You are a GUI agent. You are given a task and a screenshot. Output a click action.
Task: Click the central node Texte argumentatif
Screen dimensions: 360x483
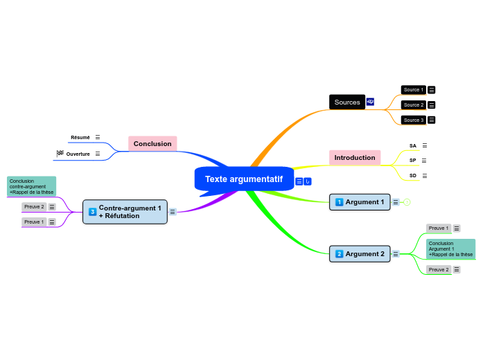[244, 179]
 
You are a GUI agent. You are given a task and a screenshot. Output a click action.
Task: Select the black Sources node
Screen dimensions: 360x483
[347, 102]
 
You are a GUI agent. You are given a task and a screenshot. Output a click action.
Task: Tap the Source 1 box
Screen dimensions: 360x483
[413, 90]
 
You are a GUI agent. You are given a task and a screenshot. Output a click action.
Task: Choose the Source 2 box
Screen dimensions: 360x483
[413, 105]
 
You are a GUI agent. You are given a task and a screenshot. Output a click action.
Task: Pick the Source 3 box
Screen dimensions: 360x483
[413, 120]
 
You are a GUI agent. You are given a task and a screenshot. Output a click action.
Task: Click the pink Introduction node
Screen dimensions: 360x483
[355, 158]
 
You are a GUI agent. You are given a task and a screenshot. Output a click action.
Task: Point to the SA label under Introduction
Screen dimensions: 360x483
[413, 146]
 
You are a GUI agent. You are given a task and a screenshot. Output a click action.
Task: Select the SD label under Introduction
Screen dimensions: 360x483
[413, 176]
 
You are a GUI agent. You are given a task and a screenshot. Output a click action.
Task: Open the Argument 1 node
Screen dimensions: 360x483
[360, 202]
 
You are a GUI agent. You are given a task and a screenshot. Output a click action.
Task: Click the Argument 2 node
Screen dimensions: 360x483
[360, 254]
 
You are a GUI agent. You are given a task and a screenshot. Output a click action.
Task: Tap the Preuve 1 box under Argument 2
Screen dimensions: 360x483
[438, 228]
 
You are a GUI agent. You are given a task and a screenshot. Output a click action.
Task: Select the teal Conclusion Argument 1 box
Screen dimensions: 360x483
[450, 249]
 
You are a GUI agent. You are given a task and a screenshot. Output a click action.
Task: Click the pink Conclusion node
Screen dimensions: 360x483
[152, 144]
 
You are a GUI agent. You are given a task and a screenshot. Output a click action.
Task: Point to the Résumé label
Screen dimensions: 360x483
[80, 138]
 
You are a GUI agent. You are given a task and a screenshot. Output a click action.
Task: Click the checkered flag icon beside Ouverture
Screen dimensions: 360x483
[60, 153]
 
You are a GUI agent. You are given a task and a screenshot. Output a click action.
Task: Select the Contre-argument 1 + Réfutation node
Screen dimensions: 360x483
[125, 212]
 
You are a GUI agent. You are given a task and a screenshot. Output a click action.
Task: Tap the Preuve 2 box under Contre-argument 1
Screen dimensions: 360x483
[34, 206]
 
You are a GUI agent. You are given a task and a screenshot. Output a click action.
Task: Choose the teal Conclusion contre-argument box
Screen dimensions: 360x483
[32, 186]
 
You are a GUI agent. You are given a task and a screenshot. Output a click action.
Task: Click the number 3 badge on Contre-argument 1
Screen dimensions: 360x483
[93, 212]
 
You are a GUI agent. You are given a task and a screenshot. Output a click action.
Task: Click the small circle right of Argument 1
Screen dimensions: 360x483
[407, 202]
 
